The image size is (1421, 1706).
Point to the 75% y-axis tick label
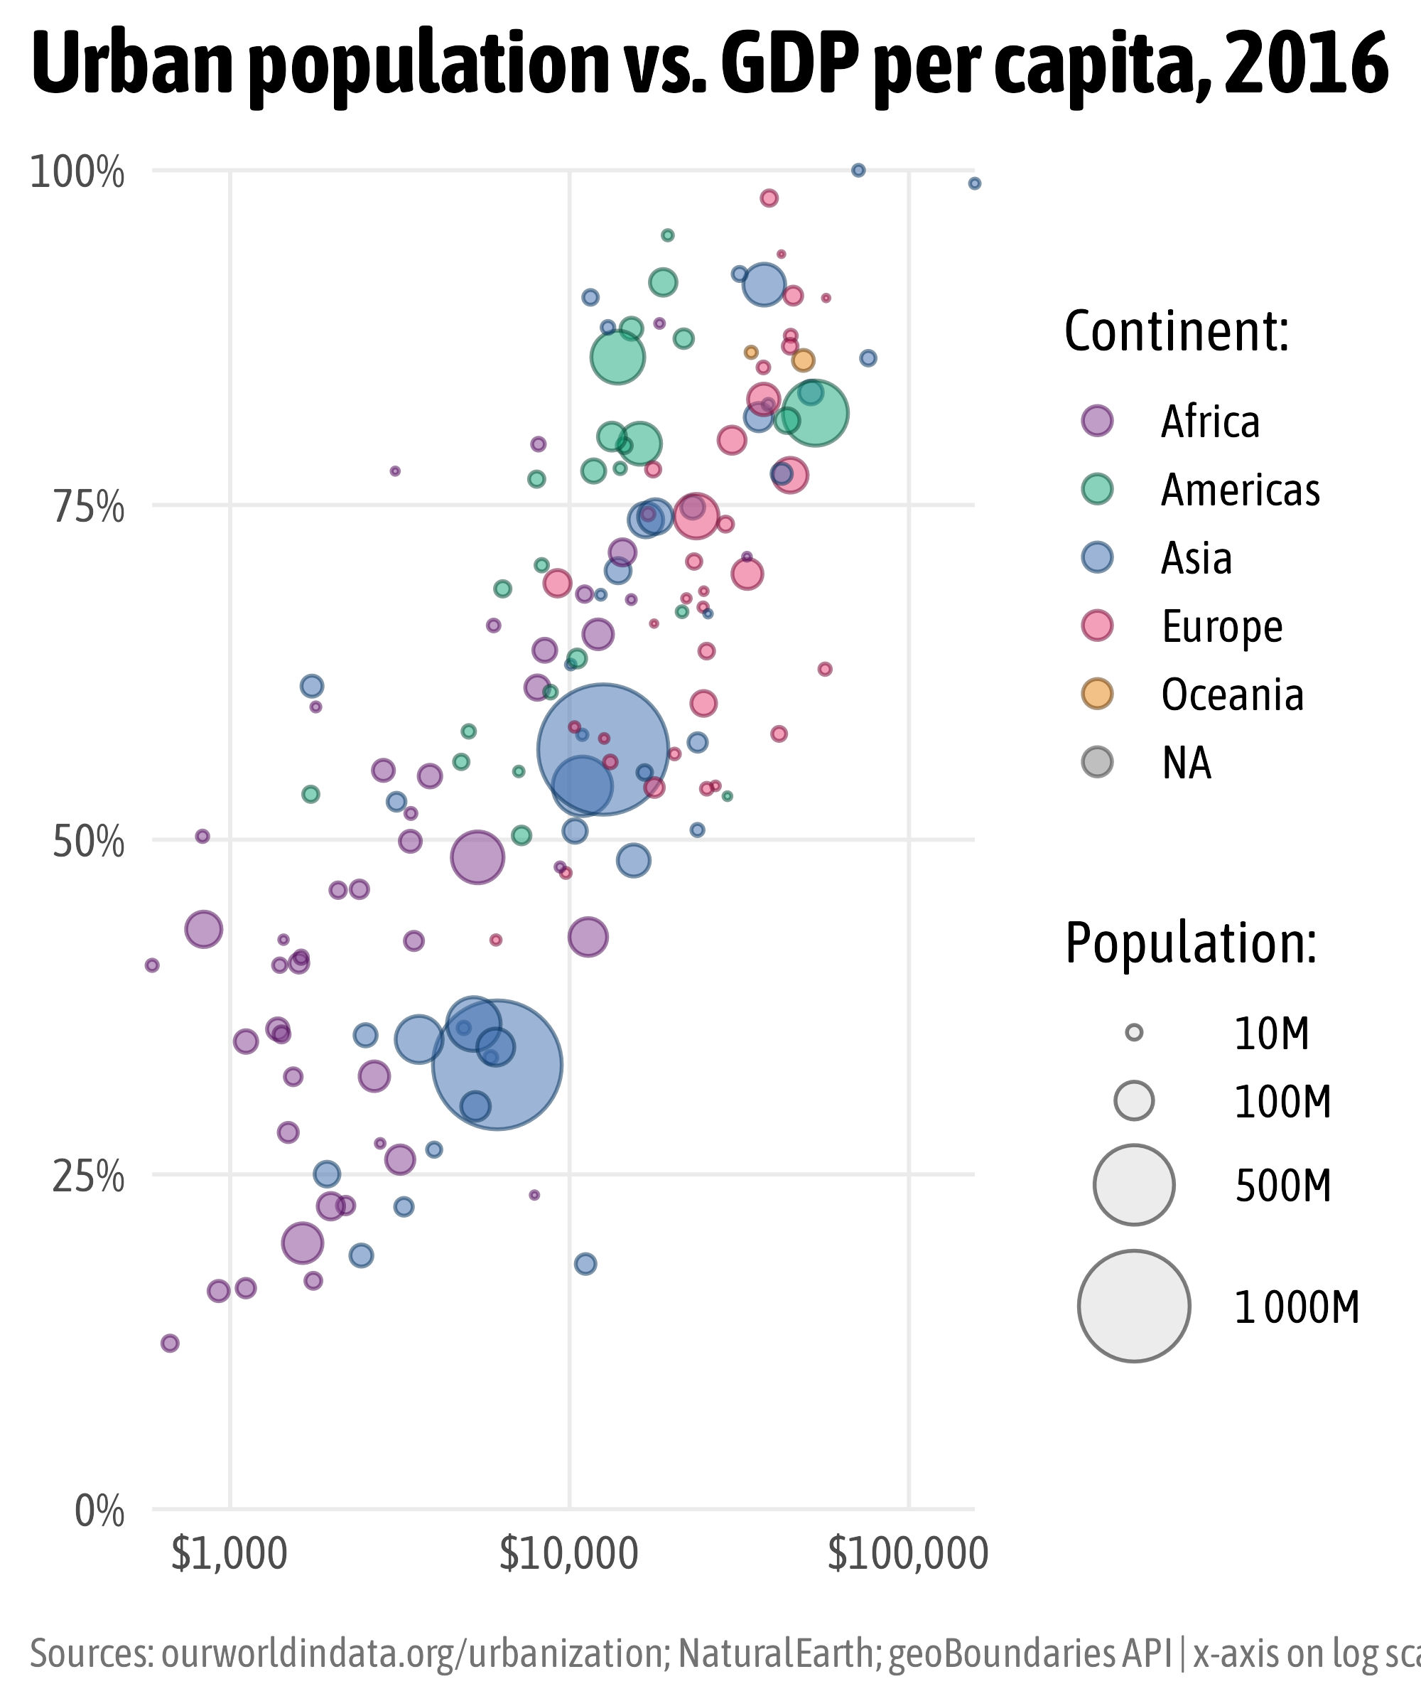tap(89, 508)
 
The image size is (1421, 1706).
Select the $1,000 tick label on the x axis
tap(229, 1554)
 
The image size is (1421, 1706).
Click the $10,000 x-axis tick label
tap(568, 1554)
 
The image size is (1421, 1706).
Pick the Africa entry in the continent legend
tap(1210, 422)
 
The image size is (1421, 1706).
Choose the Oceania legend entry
tap(1232, 695)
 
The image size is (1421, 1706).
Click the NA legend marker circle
tap(1097, 762)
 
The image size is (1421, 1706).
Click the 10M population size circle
tap(1135, 1034)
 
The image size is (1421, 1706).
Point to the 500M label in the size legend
tap(1283, 1187)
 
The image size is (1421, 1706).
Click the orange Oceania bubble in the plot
tap(803, 360)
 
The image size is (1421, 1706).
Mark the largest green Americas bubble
tap(815, 414)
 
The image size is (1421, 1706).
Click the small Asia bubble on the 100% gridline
tap(858, 170)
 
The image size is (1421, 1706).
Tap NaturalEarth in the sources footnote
tap(774, 1654)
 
